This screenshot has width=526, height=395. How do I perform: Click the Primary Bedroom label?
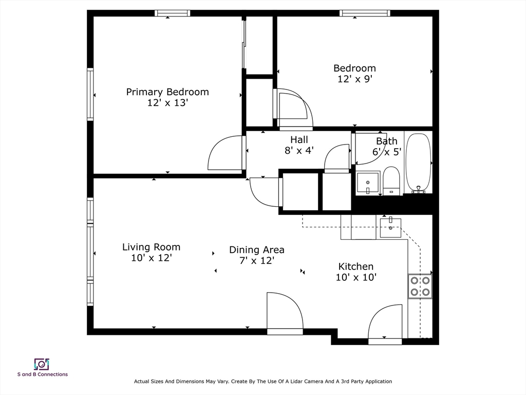[167, 92]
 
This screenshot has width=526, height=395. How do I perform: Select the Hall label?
[299, 139]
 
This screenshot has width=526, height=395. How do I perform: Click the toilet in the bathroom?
[391, 181]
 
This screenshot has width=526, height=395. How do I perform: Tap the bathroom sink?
[368, 183]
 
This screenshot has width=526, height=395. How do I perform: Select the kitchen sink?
[390, 228]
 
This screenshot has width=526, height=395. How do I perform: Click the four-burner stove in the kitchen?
[420, 286]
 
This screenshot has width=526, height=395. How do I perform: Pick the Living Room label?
[152, 247]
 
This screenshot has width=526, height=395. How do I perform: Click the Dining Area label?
[257, 250]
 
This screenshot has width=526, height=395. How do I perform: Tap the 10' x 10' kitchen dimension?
[356, 277]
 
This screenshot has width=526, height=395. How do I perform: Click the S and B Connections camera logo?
[42, 364]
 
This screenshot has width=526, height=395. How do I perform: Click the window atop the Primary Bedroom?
[173, 13]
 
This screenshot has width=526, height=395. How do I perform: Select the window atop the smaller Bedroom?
[365, 13]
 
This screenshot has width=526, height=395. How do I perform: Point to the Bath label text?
[386, 141]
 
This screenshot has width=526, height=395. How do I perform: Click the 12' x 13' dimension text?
[167, 103]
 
